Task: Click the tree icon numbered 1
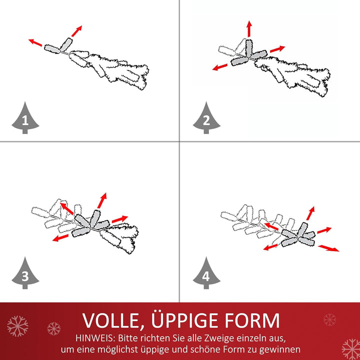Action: (x=25, y=119)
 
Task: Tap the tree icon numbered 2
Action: (x=206, y=119)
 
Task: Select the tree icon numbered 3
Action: (x=25, y=274)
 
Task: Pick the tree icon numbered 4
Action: (x=206, y=274)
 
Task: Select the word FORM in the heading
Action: (x=252, y=320)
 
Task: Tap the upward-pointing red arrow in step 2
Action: (x=249, y=28)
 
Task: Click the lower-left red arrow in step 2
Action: (x=219, y=67)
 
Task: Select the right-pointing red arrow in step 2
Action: (x=277, y=49)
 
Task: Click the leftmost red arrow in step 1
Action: (x=35, y=42)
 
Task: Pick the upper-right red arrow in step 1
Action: (x=76, y=31)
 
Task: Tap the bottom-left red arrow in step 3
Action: (x=60, y=237)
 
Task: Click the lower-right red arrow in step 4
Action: (x=328, y=248)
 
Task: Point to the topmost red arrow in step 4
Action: (x=310, y=213)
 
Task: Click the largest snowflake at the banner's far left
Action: (x=17, y=326)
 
